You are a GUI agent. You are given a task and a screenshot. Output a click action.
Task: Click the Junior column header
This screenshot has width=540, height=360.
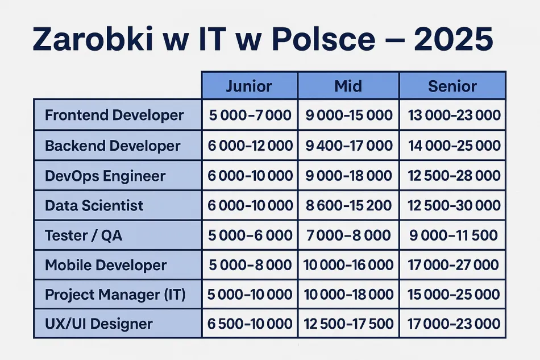click(249, 86)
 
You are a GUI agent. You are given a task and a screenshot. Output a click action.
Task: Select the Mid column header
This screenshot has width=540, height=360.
click(348, 86)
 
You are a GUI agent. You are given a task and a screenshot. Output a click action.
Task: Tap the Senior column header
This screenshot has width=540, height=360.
click(452, 86)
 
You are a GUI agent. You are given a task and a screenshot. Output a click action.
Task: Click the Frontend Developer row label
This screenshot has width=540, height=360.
click(114, 115)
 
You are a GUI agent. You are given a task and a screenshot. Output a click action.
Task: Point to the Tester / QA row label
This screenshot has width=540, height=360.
click(84, 235)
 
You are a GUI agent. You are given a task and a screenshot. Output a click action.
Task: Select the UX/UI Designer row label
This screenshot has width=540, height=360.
click(99, 324)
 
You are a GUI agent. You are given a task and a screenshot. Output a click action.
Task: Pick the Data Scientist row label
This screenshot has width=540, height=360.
click(94, 205)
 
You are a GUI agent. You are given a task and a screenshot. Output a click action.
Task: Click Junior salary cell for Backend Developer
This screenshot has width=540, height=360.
click(250, 146)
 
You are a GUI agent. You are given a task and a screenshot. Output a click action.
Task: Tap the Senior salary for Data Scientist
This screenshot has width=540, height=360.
click(454, 205)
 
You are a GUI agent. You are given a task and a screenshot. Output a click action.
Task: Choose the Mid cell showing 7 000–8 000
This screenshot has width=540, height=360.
click(348, 235)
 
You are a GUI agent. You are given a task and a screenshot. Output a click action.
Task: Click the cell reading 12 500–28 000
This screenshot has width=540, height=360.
click(454, 175)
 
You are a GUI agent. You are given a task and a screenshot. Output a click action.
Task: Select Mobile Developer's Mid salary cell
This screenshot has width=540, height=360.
click(349, 265)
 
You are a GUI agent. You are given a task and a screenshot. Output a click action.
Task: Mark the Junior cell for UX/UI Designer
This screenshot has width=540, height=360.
click(250, 324)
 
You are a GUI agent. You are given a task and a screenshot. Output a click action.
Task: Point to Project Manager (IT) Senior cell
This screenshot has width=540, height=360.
click(454, 295)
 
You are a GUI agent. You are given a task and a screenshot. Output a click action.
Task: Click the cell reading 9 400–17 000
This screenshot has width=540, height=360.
click(349, 146)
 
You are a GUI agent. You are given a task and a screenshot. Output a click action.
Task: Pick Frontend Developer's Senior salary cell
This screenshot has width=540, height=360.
click(454, 115)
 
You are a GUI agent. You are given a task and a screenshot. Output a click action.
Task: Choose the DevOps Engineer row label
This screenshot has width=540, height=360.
click(105, 175)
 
